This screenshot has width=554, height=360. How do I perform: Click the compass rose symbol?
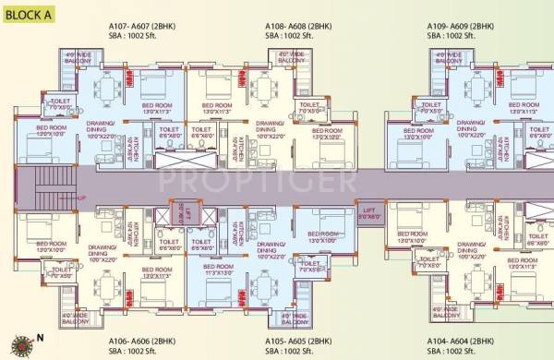(x=13, y=349)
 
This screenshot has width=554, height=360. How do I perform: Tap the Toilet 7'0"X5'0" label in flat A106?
(x=62, y=274)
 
